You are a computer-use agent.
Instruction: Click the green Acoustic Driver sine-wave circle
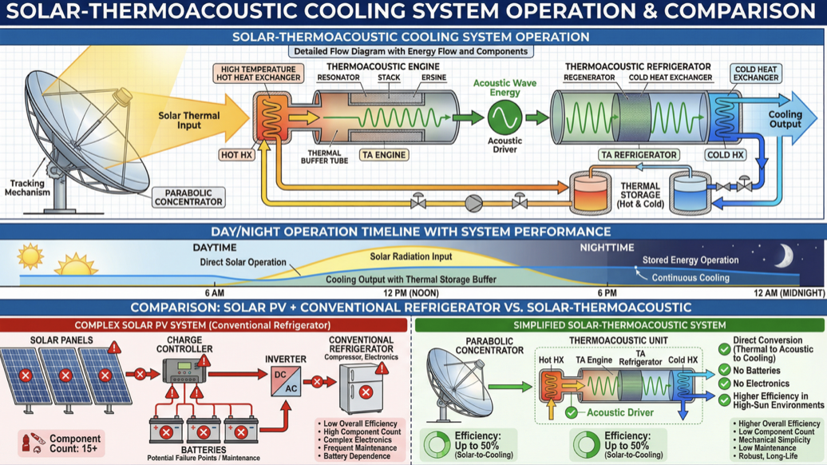(505, 118)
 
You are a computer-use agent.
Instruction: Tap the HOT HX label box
(237, 154)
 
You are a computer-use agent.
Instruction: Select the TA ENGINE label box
(383, 154)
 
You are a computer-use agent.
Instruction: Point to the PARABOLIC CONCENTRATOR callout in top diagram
(188, 197)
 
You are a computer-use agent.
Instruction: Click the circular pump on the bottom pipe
(474, 203)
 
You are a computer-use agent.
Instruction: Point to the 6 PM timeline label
(607, 293)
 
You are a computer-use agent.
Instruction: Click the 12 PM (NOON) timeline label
(410, 293)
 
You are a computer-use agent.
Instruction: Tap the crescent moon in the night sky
(785, 256)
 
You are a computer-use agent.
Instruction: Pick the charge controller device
(184, 371)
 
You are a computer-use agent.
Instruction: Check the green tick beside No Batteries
(724, 370)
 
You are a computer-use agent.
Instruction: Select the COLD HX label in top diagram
(725, 154)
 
